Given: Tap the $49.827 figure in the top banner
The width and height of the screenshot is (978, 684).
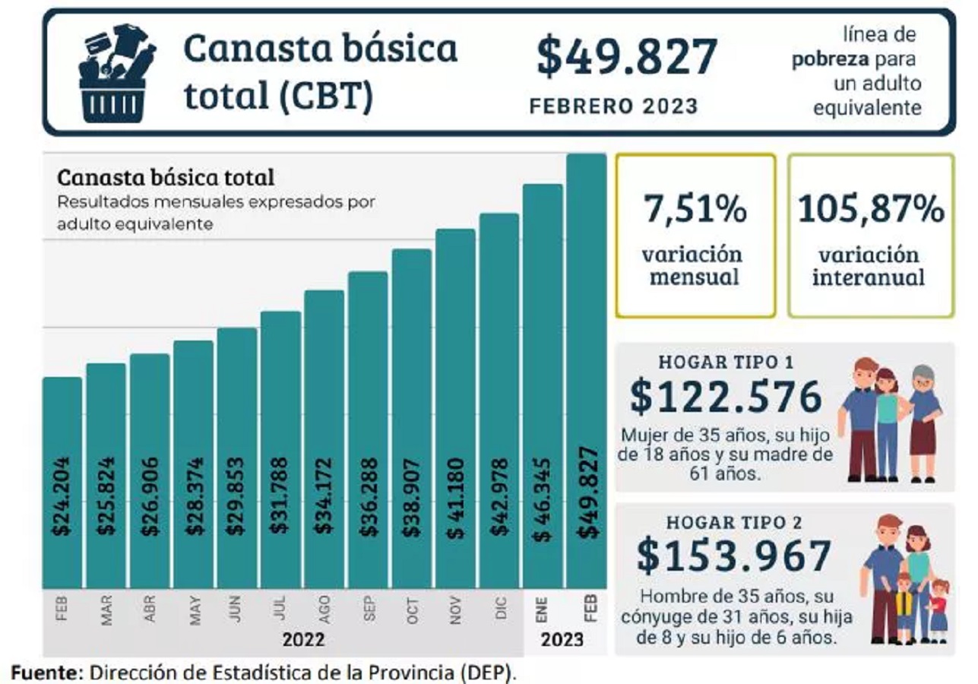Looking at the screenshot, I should point(627,58).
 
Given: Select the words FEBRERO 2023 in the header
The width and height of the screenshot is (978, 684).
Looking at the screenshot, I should point(613,106).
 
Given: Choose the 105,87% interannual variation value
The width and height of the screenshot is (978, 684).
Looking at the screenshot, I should point(871,209).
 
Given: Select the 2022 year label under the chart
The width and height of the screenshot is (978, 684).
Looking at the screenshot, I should point(304,639).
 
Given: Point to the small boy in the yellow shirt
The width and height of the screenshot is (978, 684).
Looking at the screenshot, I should point(904,608).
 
